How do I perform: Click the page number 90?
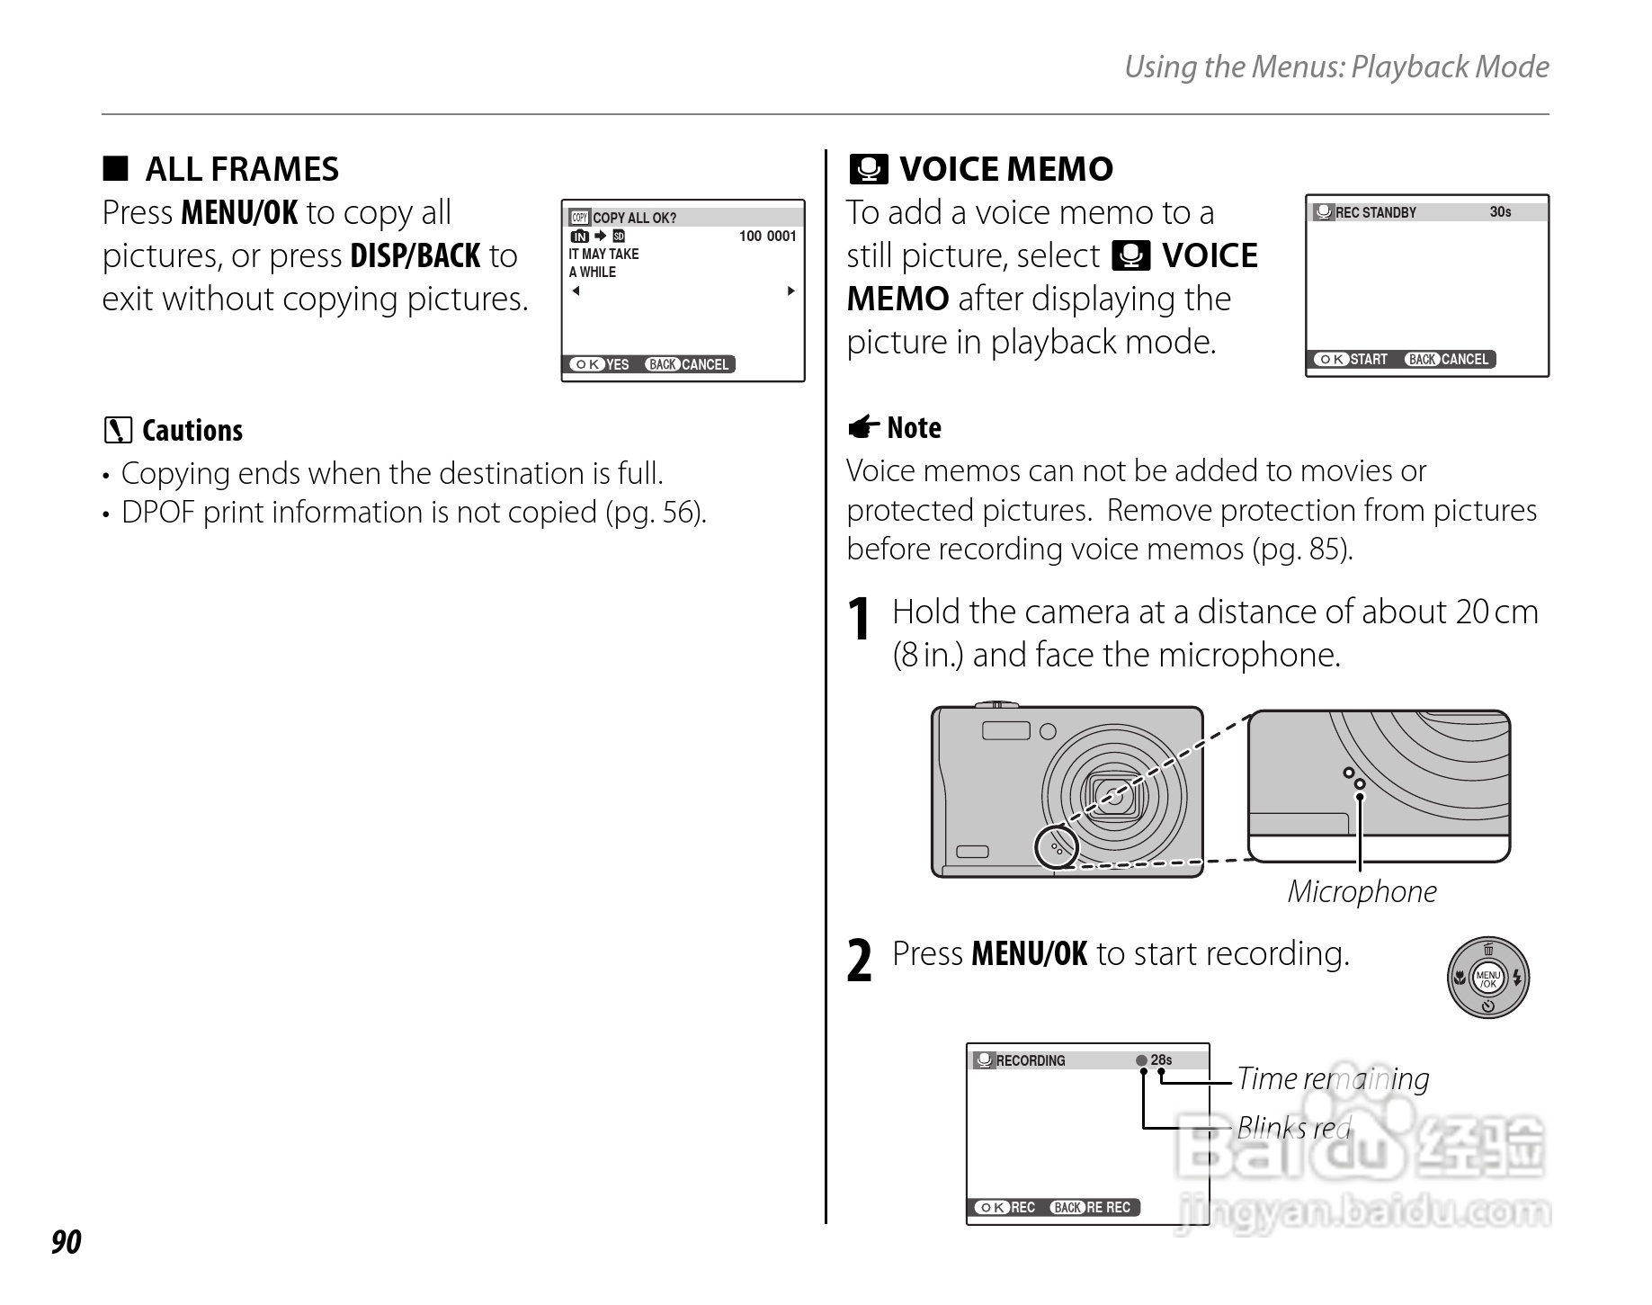pyautogui.click(x=67, y=1242)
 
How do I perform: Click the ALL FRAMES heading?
pyautogui.click(x=241, y=169)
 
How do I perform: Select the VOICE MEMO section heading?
pyautogui.click(x=1005, y=169)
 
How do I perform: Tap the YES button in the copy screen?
pyautogui.click(x=601, y=364)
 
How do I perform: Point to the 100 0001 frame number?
pyautogui.click(x=767, y=237)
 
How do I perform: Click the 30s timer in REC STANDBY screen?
pyautogui.click(x=1500, y=212)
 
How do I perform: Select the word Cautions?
pyautogui.click(x=192, y=431)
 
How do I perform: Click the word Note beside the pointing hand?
pyautogui.click(x=914, y=428)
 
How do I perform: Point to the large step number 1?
pyautogui.click(x=861, y=621)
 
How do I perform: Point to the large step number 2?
pyautogui.click(x=861, y=961)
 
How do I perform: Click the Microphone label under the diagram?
pyautogui.click(x=1362, y=891)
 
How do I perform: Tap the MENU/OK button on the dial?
pyautogui.click(x=1487, y=978)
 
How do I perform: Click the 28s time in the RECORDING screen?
pyautogui.click(x=1161, y=1060)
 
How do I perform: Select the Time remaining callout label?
pyautogui.click(x=1332, y=1078)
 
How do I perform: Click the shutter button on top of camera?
pyautogui.click(x=996, y=704)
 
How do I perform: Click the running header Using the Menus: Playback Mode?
pyautogui.click(x=1336, y=67)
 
